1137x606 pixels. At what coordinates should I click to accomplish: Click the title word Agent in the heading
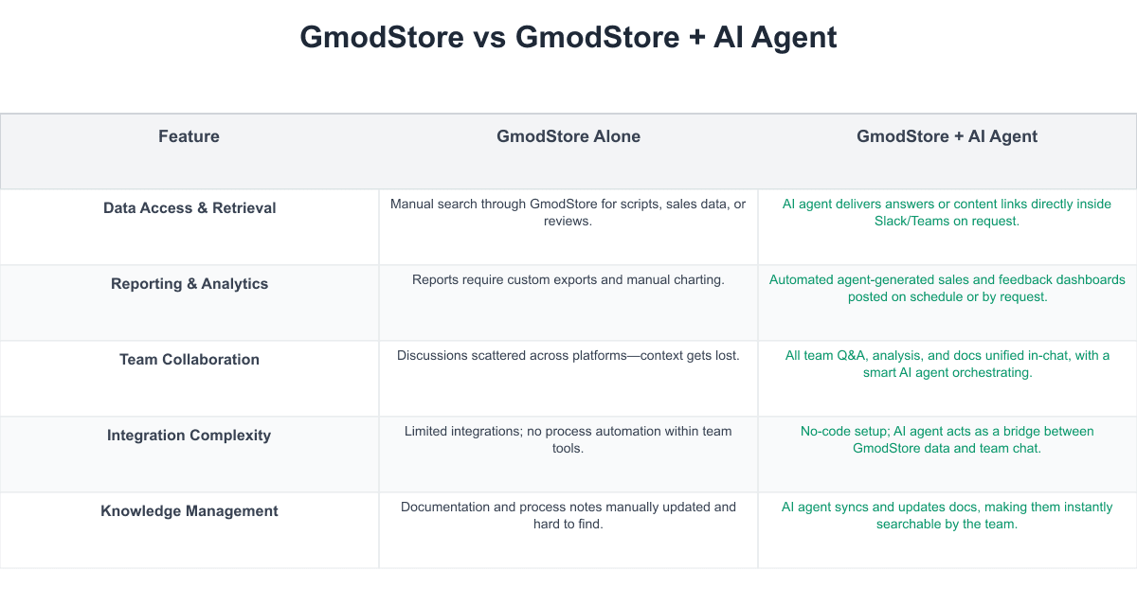click(794, 38)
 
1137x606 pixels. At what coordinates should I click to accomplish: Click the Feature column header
click(189, 136)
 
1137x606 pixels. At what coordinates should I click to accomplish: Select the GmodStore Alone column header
click(568, 136)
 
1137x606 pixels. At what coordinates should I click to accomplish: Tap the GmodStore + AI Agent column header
click(947, 136)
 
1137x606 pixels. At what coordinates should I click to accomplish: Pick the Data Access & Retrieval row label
click(189, 208)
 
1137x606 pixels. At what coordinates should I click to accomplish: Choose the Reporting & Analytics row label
click(189, 283)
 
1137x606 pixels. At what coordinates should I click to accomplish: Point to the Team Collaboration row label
click(189, 360)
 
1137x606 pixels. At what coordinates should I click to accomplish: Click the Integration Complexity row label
click(189, 436)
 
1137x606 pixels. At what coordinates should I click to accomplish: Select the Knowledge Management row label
click(189, 510)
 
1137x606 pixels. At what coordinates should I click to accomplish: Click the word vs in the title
click(489, 38)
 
